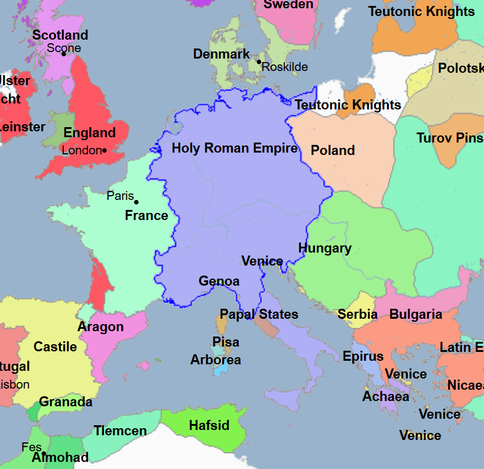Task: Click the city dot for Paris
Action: point(137,202)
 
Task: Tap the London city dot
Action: point(105,150)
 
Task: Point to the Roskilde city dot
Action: point(259,62)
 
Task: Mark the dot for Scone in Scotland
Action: point(64,54)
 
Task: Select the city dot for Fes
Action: point(44,454)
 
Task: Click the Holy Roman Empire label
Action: point(235,148)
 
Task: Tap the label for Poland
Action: point(333,150)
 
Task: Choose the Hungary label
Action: point(324,248)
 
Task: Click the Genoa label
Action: point(219,281)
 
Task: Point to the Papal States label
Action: point(259,314)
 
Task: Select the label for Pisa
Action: point(226,342)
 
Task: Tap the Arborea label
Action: point(216,360)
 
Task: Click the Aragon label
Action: point(100,326)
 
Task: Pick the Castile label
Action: point(55,347)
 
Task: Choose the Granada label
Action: point(66,402)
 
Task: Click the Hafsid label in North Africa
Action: point(209,425)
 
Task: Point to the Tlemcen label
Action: point(120,431)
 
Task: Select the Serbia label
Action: point(358,314)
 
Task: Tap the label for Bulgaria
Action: point(415,314)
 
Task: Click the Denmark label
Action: point(222,54)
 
